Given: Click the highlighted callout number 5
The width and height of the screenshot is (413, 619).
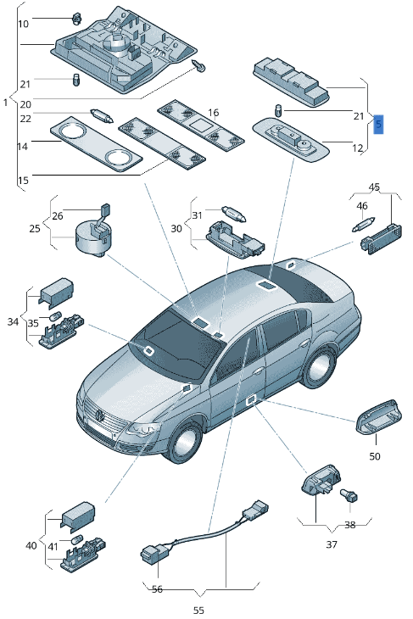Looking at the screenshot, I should click(378, 124).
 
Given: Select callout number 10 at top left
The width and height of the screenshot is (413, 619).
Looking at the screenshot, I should click(23, 23).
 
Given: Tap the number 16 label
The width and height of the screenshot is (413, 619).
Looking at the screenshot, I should click(213, 113).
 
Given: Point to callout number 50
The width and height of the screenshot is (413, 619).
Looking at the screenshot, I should click(374, 456).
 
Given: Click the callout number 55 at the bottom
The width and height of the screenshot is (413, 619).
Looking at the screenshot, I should click(198, 609).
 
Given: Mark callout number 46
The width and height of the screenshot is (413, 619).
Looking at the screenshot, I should click(362, 206).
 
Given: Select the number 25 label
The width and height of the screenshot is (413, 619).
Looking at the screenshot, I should click(35, 229).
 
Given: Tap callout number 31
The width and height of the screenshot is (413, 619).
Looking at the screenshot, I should click(197, 215).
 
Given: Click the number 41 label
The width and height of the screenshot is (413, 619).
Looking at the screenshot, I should click(53, 547).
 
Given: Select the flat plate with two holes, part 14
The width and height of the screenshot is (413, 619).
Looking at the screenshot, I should click(95, 146).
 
